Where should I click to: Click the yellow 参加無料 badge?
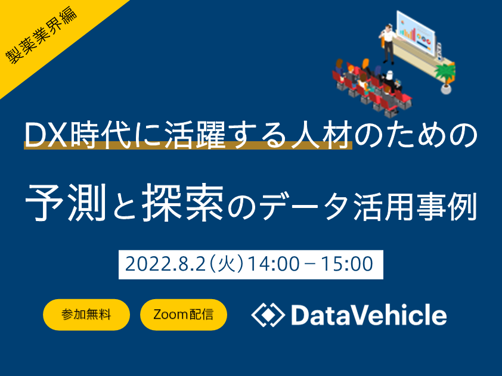tap(86, 315)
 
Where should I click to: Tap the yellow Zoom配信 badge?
tap(184, 315)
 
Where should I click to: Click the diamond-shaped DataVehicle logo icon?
tap(268, 315)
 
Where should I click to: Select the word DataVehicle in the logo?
tap(369, 315)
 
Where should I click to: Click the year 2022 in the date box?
tap(146, 264)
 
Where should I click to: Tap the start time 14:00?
tap(274, 264)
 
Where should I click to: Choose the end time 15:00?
tap(347, 264)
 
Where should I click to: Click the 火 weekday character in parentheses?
tap(226, 264)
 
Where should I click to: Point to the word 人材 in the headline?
tap(321, 136)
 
